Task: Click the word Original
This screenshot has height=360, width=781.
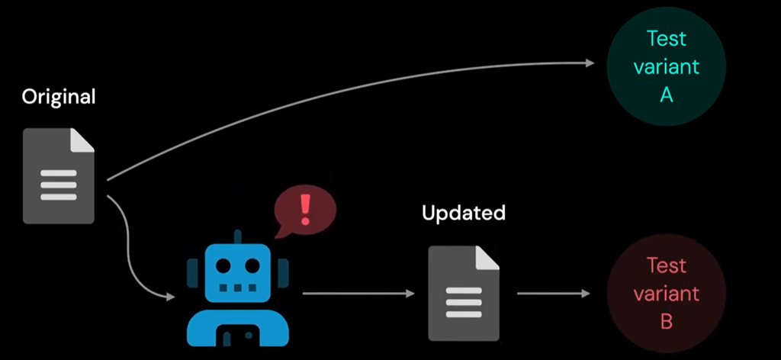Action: pos(59,98)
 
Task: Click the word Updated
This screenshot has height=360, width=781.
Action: pos(464,213)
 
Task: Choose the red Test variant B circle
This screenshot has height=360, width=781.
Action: pos(666,294)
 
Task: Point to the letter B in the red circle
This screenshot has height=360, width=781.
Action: pos(666,322)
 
